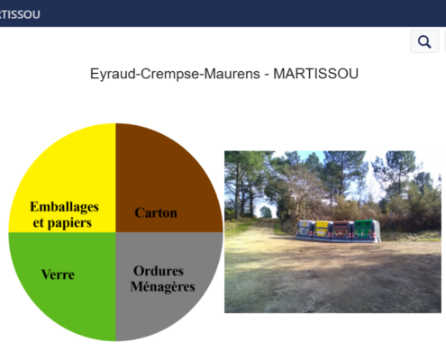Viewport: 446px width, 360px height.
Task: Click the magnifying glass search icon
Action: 424,41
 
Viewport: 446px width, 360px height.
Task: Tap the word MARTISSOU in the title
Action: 315,74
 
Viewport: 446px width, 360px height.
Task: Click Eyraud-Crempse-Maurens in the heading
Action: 175,74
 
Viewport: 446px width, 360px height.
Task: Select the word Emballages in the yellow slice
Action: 64,207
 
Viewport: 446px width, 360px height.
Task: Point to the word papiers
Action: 69,223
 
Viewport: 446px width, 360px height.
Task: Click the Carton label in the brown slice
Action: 156,212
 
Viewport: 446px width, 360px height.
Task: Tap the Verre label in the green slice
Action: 58,274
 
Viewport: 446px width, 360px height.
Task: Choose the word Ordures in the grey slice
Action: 159,271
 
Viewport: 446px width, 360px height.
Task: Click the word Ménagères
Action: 162,286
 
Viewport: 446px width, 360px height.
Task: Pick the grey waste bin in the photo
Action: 305,229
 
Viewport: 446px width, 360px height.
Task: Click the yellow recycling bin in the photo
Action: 323,230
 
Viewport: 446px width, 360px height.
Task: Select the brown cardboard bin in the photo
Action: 342,230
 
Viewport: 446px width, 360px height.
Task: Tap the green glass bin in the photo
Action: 363,230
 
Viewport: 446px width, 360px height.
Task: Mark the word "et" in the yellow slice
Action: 39,223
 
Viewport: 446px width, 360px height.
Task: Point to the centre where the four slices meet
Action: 115,232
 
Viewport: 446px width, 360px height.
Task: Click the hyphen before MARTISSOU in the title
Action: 267,75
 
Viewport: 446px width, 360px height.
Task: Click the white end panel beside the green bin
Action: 378,231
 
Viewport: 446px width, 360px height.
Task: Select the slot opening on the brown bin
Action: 341,225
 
